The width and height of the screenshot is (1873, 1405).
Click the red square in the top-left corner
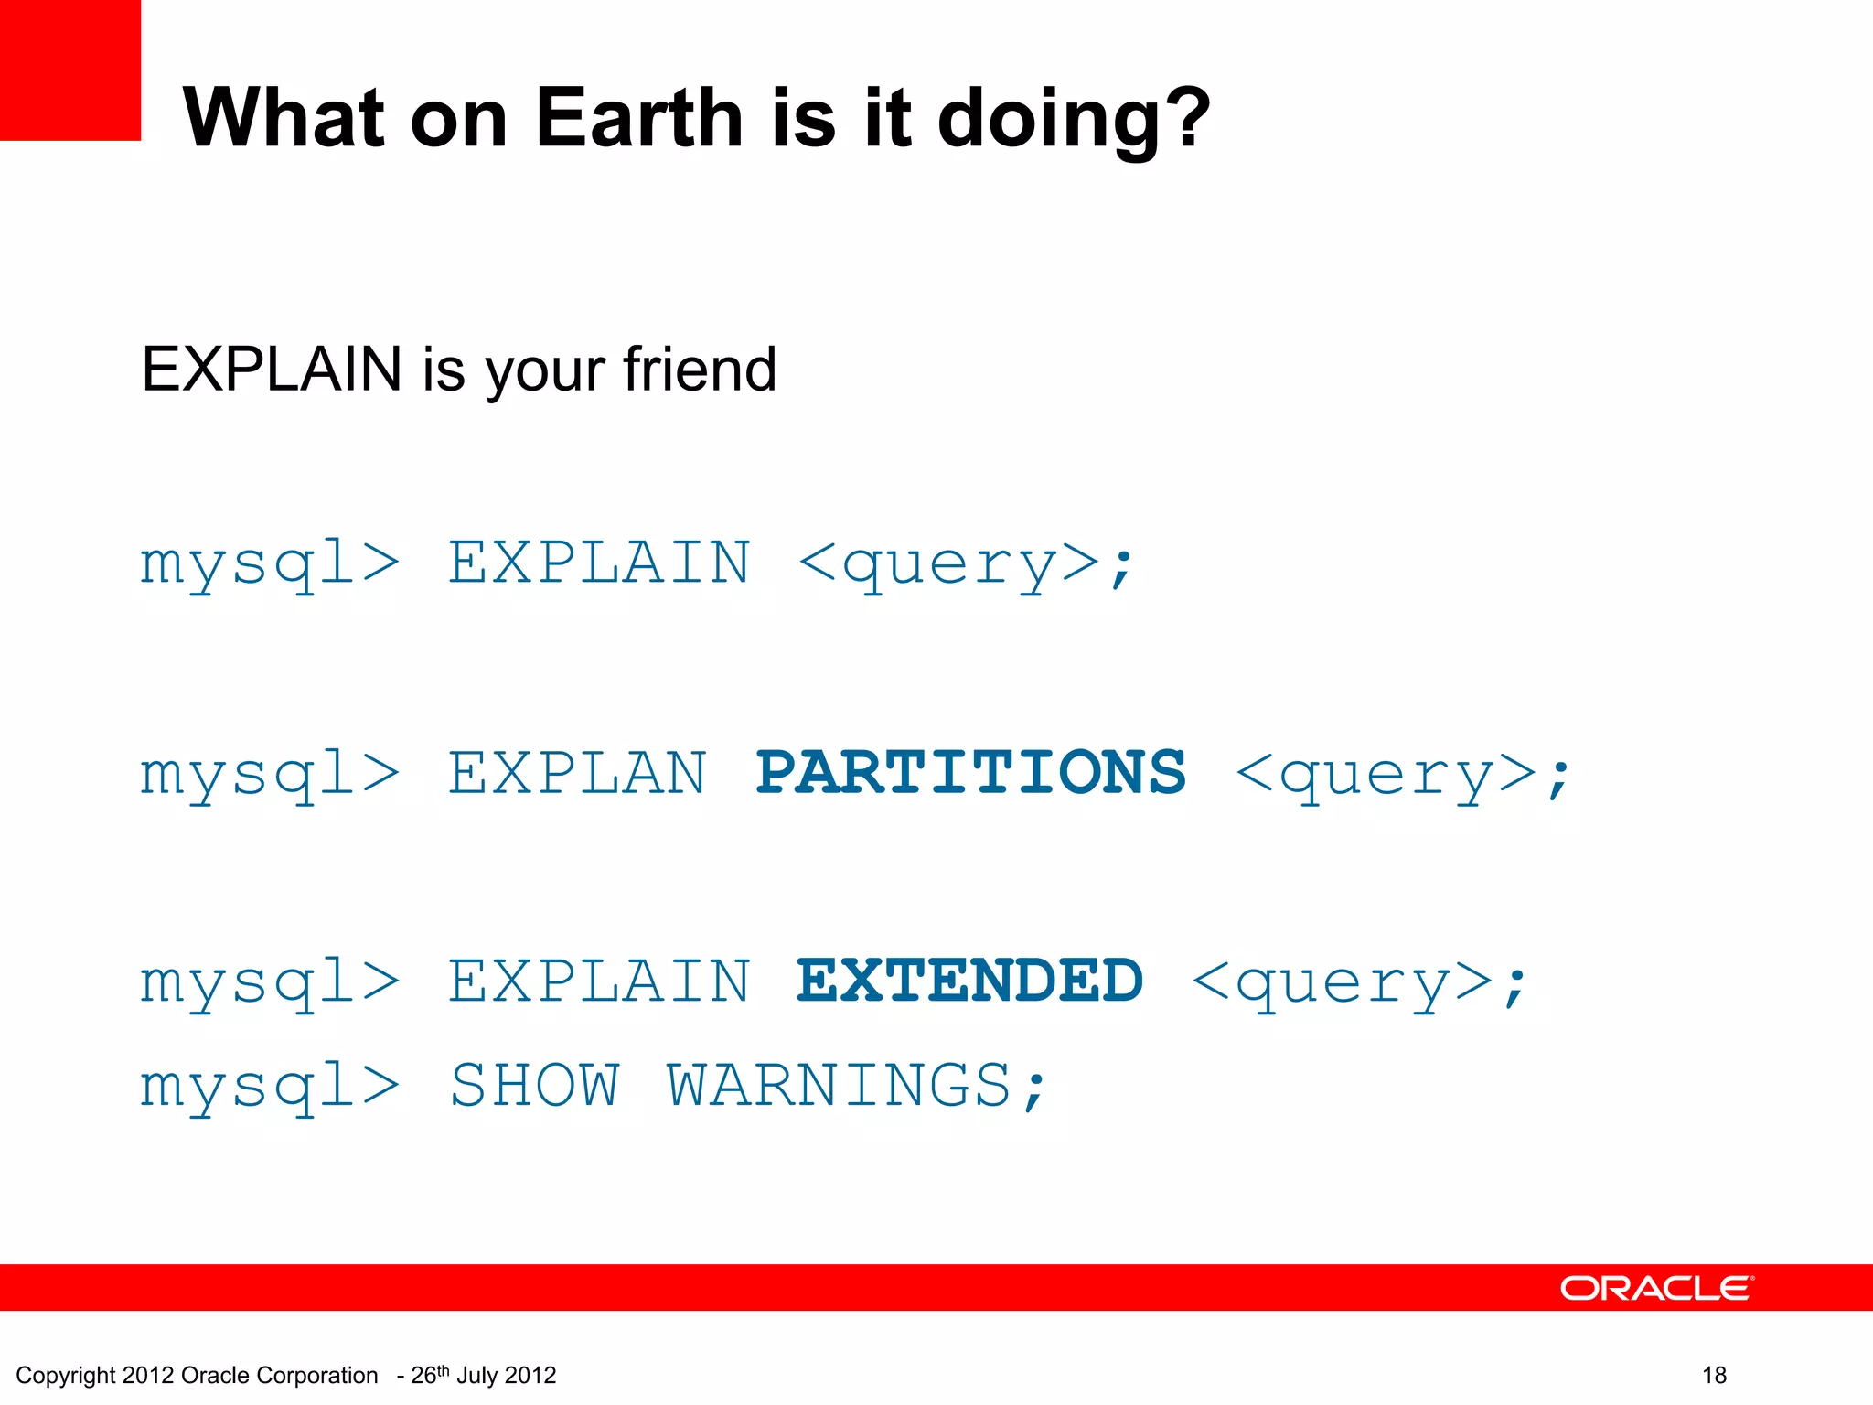(70, 70)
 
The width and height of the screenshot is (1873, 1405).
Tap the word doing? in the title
(1074, 119)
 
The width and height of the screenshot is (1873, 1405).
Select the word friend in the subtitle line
(700, 370)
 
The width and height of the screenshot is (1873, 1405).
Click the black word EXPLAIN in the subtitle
(272, 370)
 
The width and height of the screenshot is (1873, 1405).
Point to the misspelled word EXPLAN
(577, 773)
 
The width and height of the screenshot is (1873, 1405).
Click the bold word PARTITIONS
(970, 773)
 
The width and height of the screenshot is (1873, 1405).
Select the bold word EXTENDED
(969, 981)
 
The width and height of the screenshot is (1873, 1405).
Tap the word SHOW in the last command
(534, 1086)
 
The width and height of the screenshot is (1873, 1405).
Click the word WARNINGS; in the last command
(856, 1086)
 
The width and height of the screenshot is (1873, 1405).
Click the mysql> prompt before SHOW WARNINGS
(270, 1088)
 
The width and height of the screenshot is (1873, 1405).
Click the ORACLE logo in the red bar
(1656, 1288)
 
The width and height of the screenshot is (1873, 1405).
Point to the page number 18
(1714, 1375)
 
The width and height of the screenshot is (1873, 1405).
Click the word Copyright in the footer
(66, 1376)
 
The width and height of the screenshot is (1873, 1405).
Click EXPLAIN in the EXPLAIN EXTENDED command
(599, 981)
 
